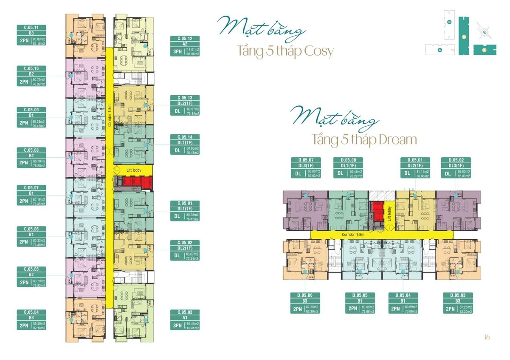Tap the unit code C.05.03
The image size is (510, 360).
pyautogui.click(x=185, y=312)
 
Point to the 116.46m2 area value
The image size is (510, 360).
pyautogui.click(x=192, y=324)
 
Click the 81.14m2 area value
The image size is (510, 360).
pyautogui.click(x=423, y=172)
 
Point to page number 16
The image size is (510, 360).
pyautogui.click(x=487, y=337)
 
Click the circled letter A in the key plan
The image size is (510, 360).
pyautogui.click(x=440, y=50)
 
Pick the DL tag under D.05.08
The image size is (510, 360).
pyautogui.click(x=340, y=173)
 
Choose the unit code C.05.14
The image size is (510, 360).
pyautogui.click(x=185, y=137)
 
